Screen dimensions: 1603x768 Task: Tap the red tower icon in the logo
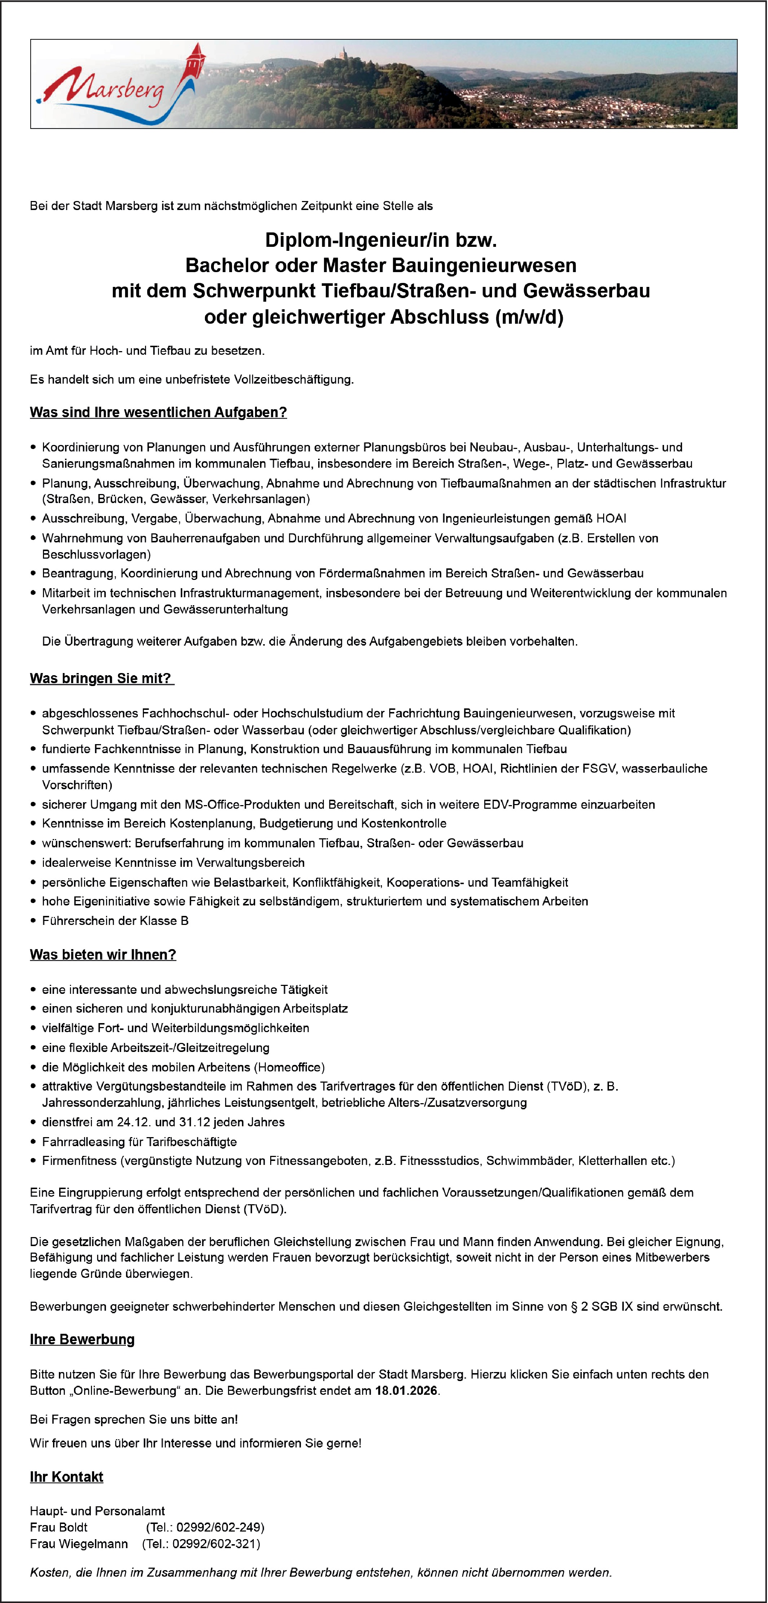pos(197,62)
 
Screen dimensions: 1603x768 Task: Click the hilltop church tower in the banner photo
pos(341,55)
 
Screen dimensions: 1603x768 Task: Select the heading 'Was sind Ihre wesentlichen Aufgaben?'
pos(158,412)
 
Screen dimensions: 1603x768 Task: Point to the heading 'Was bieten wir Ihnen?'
pos(102,955)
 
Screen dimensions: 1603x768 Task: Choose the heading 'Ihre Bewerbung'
pos(82,1339)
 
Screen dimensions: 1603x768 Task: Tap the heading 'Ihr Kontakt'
pos(66,1477)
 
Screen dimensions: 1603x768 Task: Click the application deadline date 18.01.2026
pos(407,1390)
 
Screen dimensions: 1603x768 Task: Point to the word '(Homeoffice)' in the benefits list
pos(289,1067)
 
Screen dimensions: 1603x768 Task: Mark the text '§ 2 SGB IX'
pos(603,1306)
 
